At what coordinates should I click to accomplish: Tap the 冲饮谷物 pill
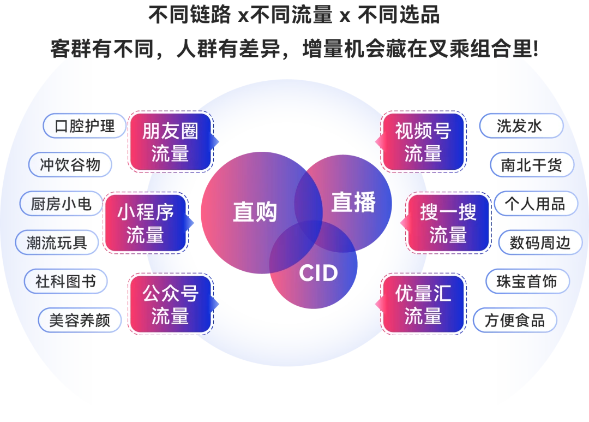(70, 165)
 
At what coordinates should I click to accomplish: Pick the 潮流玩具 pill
(57, 242)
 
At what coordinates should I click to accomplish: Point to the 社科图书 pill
(65, 281)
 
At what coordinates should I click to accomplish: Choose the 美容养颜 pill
(80, 320)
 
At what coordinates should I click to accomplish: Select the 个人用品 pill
(534, 204)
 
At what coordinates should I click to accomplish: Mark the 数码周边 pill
(540, 242)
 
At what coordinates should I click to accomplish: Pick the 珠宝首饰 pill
(527, 281)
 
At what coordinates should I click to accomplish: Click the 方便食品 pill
(515, 320)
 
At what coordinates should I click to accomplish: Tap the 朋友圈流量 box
(170, 142)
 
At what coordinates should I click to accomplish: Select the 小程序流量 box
(145, 223)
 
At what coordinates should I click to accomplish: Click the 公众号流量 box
(170, 304)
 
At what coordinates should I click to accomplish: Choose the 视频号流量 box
(423, 142)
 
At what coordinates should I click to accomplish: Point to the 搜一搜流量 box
(448, 223)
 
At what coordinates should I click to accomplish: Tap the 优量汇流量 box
(423, 304)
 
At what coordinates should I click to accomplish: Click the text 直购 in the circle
(255, 212)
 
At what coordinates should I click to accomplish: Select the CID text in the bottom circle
(318, 273)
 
